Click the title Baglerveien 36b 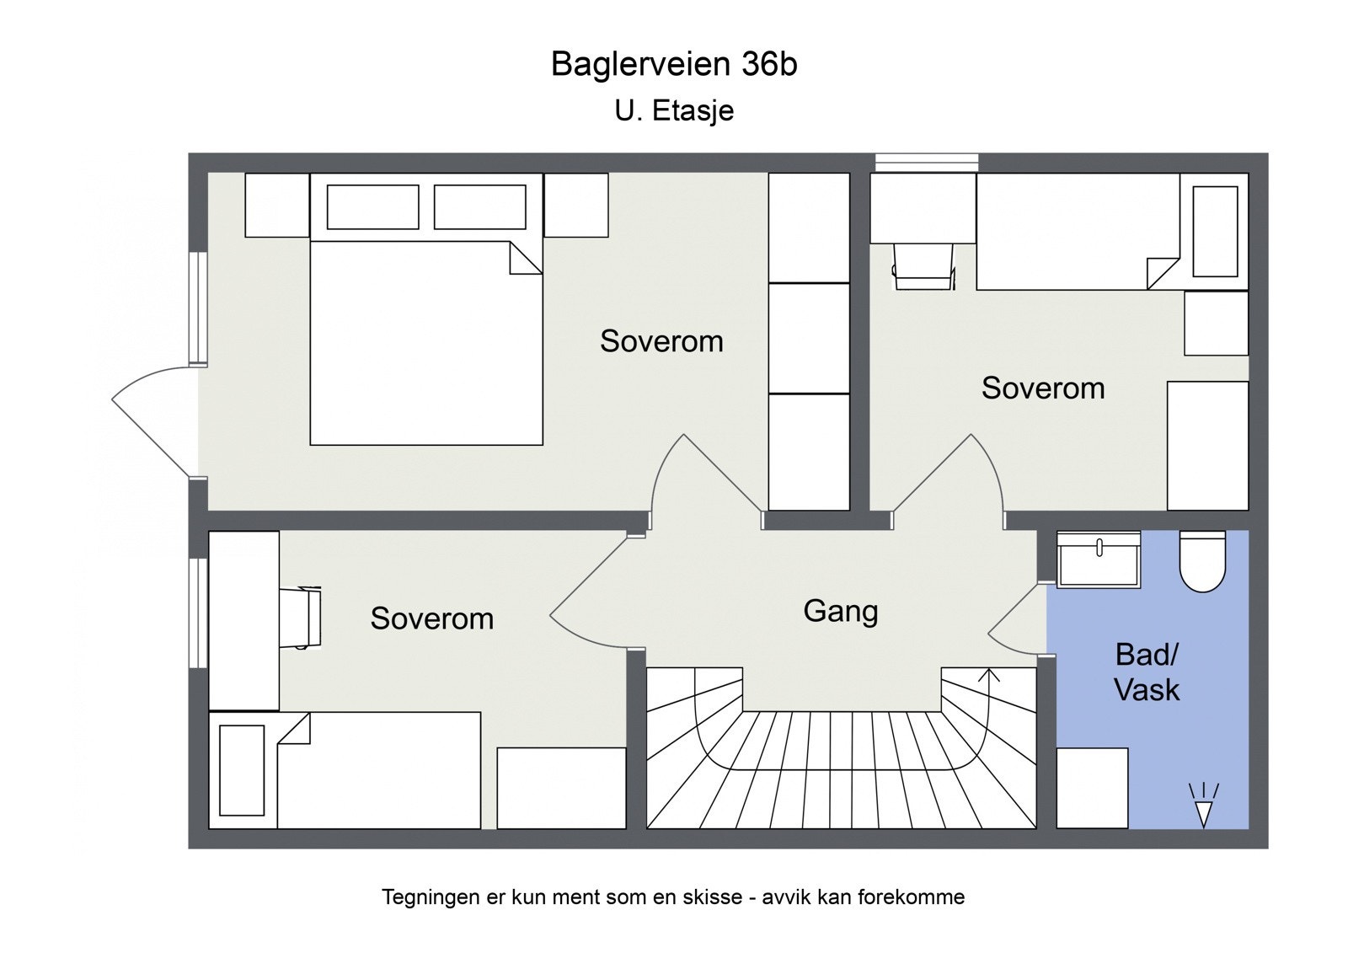tap(673, 65)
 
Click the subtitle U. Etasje tap(673, 110)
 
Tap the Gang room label tap(840, 611)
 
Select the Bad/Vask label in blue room tap(1147, 672)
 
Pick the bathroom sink tap(1099, 559)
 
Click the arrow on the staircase tap(989, 674)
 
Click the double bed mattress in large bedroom tap(425, 354)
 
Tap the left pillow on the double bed tap(372, 207)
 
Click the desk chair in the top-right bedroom tap(923, 267)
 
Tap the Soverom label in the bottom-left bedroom tap(431, 618)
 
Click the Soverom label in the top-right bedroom tap(1042, 388)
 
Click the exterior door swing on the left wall tap(152, 421)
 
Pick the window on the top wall tap(926, 163)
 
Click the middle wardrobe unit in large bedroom tap(808, 338)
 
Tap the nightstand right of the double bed tap(575, 206)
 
